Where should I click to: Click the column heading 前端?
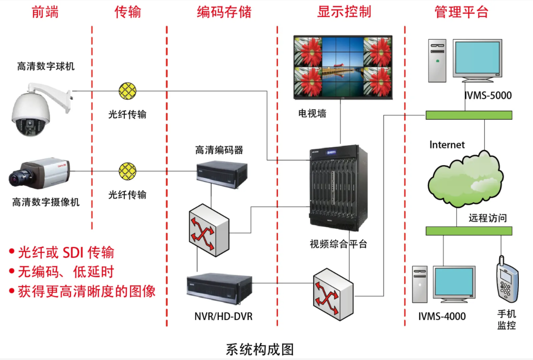click(x=45, y=12)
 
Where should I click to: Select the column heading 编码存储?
click(x=224, y=12)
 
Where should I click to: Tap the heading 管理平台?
click(x=462, y=12)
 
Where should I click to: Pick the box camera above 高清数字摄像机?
click(x=40, y=174)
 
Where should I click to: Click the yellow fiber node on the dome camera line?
click(x=128, y=91)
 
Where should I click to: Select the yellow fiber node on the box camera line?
click(x=128, y=171)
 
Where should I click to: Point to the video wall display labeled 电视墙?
click(x=343, y=67)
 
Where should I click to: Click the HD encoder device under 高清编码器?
click(x=222, y=175)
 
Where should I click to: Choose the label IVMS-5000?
click(x=488, y=96)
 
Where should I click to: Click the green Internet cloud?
click(x=465, y=179)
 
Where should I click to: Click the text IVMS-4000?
click(x=442, y=317)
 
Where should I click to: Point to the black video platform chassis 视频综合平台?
click(x=338, y=188)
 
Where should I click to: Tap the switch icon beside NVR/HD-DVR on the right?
click(x=333, y=295)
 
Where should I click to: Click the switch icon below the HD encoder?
click(x=209, y=230)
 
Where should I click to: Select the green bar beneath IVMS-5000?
click(x=469, y=115)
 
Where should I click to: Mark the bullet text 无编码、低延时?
click(x=66, y=272)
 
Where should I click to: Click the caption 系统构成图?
click(x=260, y=350)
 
